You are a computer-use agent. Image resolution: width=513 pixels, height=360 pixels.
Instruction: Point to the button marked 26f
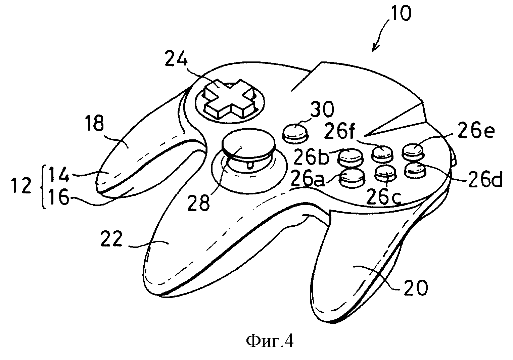[x=382, y=153]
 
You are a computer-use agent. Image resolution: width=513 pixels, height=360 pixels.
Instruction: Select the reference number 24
[x=176, y=58]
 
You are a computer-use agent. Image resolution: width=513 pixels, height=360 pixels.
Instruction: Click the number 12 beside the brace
[x=22, y=185]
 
